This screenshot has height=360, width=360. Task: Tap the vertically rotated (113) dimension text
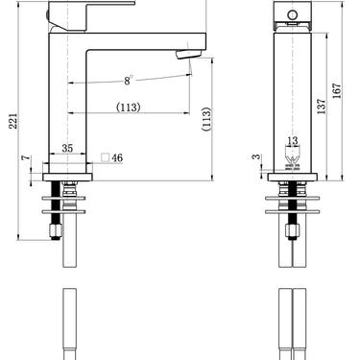(206, 118)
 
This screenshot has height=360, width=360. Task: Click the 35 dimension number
(67, 148)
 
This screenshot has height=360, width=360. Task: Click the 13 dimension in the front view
(292, 141)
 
